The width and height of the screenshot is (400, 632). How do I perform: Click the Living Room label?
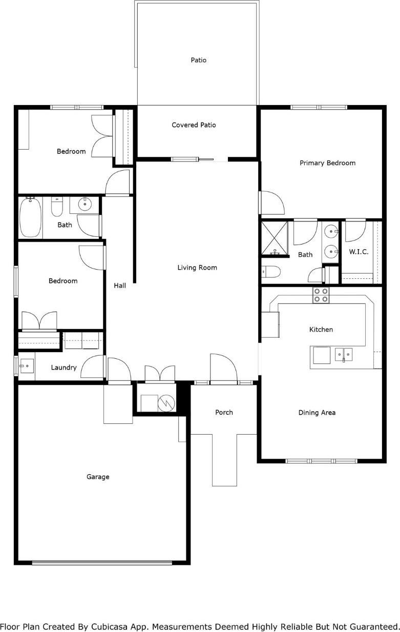(197, 268)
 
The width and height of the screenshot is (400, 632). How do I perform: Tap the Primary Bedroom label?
(327, 163)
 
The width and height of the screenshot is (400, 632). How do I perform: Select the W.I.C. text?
(359, 252)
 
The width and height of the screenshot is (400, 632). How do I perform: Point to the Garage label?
(98, 477)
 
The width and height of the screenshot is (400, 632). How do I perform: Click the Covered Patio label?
(194, 125)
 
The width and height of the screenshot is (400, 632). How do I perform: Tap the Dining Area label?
(317, 413)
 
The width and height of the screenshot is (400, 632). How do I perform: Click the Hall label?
(120, 286)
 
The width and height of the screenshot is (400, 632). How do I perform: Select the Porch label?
(224, 412)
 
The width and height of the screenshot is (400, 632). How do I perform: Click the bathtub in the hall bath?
(30, 218)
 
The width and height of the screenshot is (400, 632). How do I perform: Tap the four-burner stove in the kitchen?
(321, 295)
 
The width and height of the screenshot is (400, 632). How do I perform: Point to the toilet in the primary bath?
(270, 272)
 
